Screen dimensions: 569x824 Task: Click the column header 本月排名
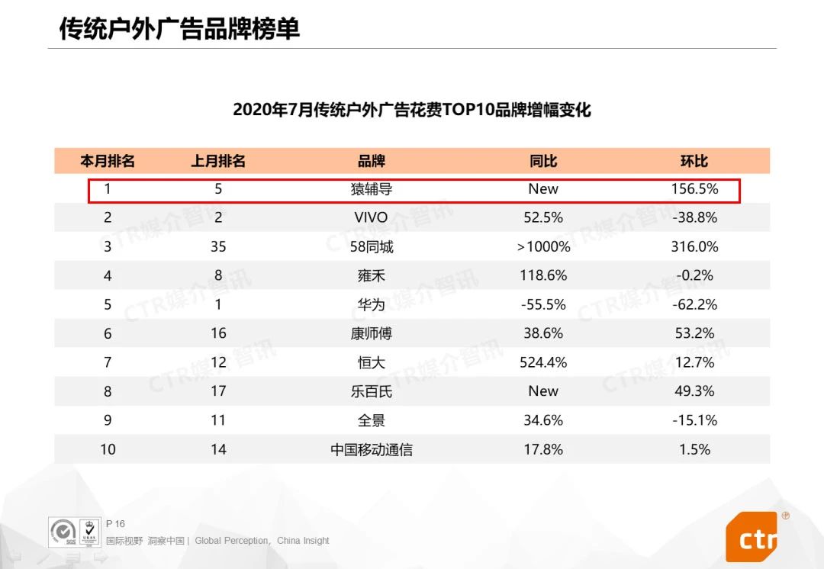[x=108, y=161]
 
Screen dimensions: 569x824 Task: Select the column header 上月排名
[x=218, y=161]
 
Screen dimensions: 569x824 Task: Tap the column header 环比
[x=694, y=161]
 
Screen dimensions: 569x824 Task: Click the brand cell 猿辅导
[x=372, y=189]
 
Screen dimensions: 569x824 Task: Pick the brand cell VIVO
[x=372, y=217]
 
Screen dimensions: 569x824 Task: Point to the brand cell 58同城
[x=372, y=247]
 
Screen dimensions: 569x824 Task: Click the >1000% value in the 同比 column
[x=543, y=247]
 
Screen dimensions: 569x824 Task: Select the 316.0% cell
[x=694, y=247]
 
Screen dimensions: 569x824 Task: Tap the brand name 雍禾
[x=372, y=275]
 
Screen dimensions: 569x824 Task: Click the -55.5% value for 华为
[x=543, y=304]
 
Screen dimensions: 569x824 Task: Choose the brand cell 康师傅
[x=372, y=333]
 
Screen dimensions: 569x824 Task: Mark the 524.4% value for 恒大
[x=543, y=362]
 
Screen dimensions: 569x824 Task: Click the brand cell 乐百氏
[x=372, y=391]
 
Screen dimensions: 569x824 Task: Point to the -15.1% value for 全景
[x=694, y=420]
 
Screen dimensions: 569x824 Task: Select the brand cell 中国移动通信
[x=372, y=450]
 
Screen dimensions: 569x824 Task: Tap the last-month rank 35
[x=218, y=247]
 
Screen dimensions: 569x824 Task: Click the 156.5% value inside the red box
[x=694, y=189]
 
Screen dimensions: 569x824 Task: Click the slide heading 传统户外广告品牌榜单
[x=180, y=28]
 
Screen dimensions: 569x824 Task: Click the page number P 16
[x=115, y=524]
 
